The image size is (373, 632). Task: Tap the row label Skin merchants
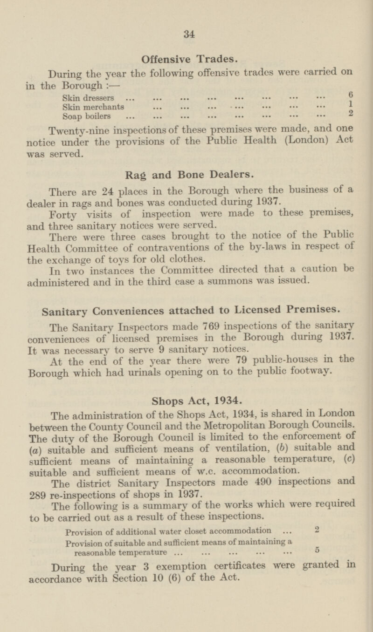(x=93, y=107)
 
